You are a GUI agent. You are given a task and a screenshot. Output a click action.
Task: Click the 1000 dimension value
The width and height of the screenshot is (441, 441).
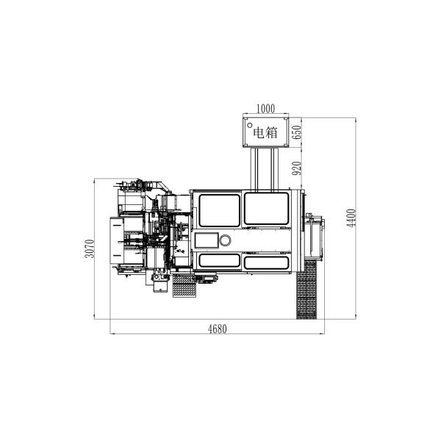click(266, 108)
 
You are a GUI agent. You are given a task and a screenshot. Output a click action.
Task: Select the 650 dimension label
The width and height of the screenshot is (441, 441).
click(297, 132)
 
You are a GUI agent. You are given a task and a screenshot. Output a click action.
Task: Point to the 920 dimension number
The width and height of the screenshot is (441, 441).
click(297, 168)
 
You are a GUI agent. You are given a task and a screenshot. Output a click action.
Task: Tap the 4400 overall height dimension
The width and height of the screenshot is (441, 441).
click(351, 218)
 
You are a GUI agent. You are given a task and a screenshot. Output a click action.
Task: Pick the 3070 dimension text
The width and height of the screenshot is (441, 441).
click(90, 248)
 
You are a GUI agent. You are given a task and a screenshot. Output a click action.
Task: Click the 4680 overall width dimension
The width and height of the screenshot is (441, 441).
click(218, 329)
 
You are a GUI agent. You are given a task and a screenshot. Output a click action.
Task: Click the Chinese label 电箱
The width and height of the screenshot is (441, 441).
click(265, 133)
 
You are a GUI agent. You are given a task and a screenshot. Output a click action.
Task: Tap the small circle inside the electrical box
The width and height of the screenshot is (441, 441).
click(249, 125)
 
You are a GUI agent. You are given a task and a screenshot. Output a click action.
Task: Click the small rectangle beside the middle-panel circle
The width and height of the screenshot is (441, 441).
click(207, 240)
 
